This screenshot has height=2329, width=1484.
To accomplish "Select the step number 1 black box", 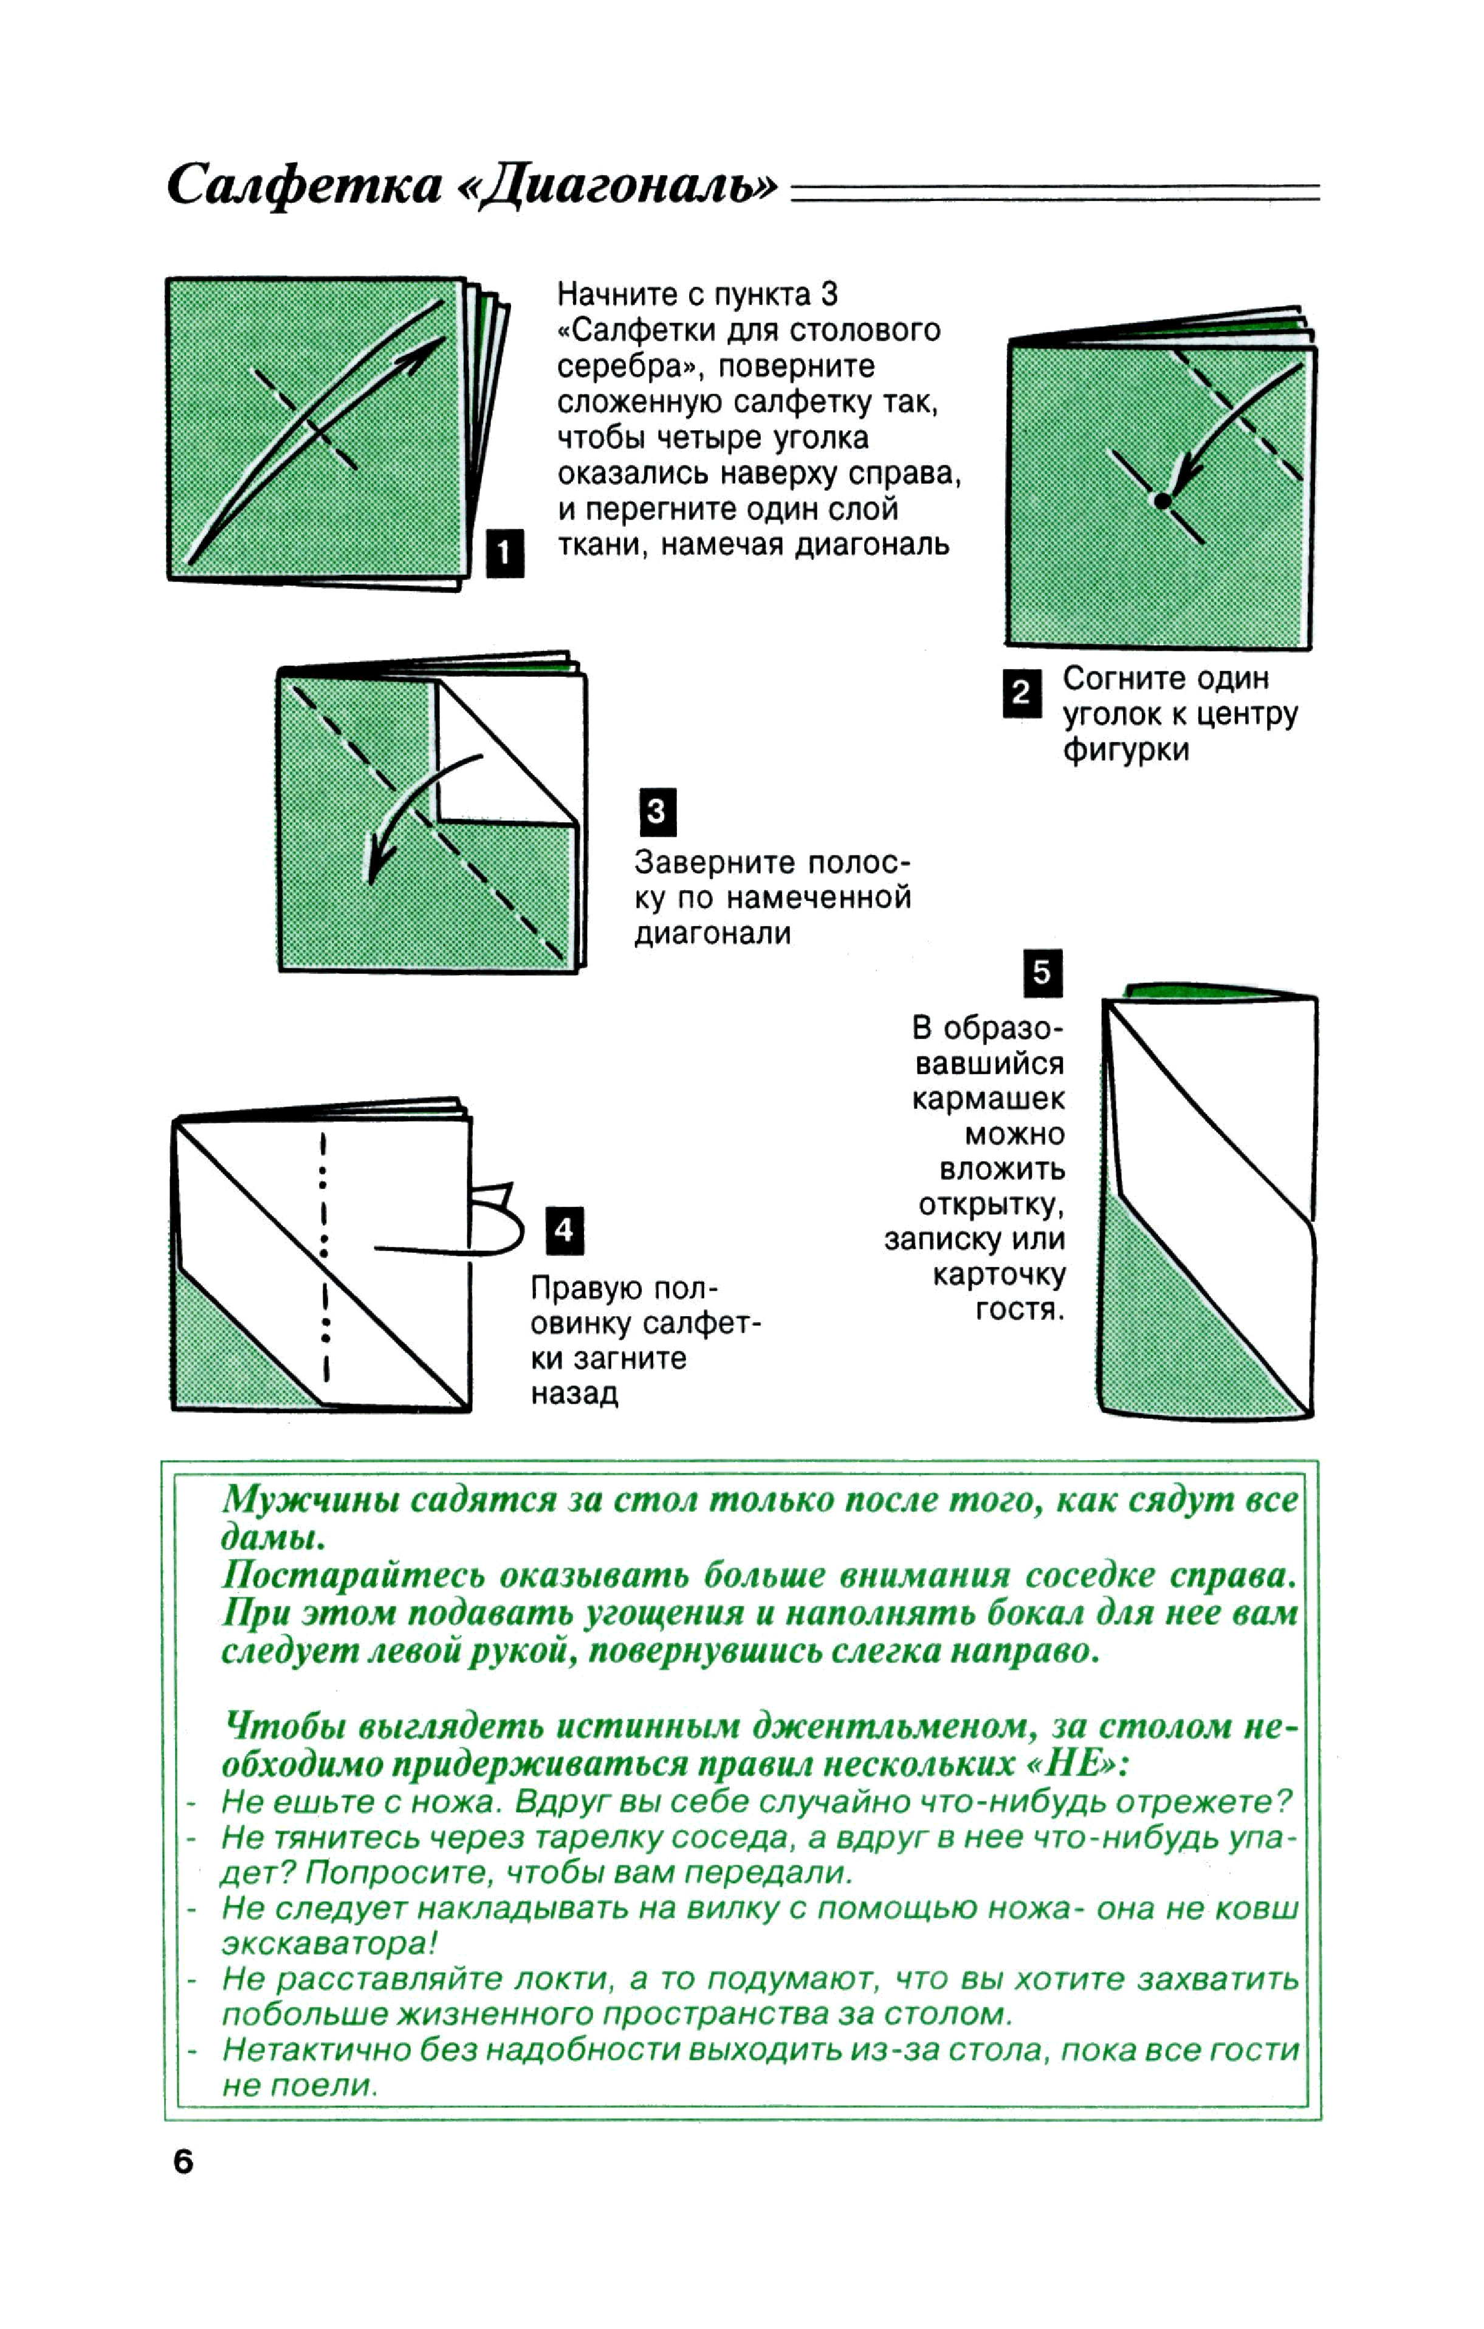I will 504,553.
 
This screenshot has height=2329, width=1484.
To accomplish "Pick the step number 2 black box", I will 1022,693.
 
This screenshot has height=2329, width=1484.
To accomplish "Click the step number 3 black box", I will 657,812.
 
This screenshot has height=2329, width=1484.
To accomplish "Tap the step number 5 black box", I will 1042,973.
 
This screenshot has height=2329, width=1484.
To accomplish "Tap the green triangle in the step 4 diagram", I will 232,1354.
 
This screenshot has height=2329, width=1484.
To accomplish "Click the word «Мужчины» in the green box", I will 307,1500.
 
